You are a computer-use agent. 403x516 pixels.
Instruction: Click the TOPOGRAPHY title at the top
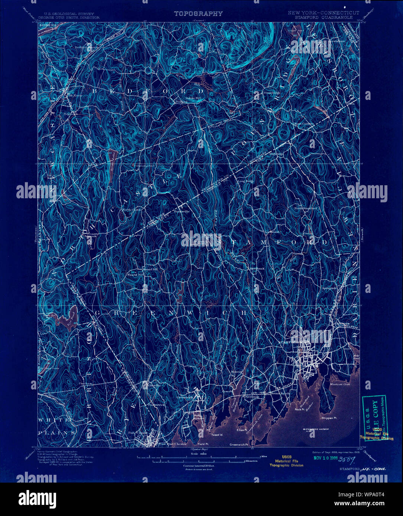198,14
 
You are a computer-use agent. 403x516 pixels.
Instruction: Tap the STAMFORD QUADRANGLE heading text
323,17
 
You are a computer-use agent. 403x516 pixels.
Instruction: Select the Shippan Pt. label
329,418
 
